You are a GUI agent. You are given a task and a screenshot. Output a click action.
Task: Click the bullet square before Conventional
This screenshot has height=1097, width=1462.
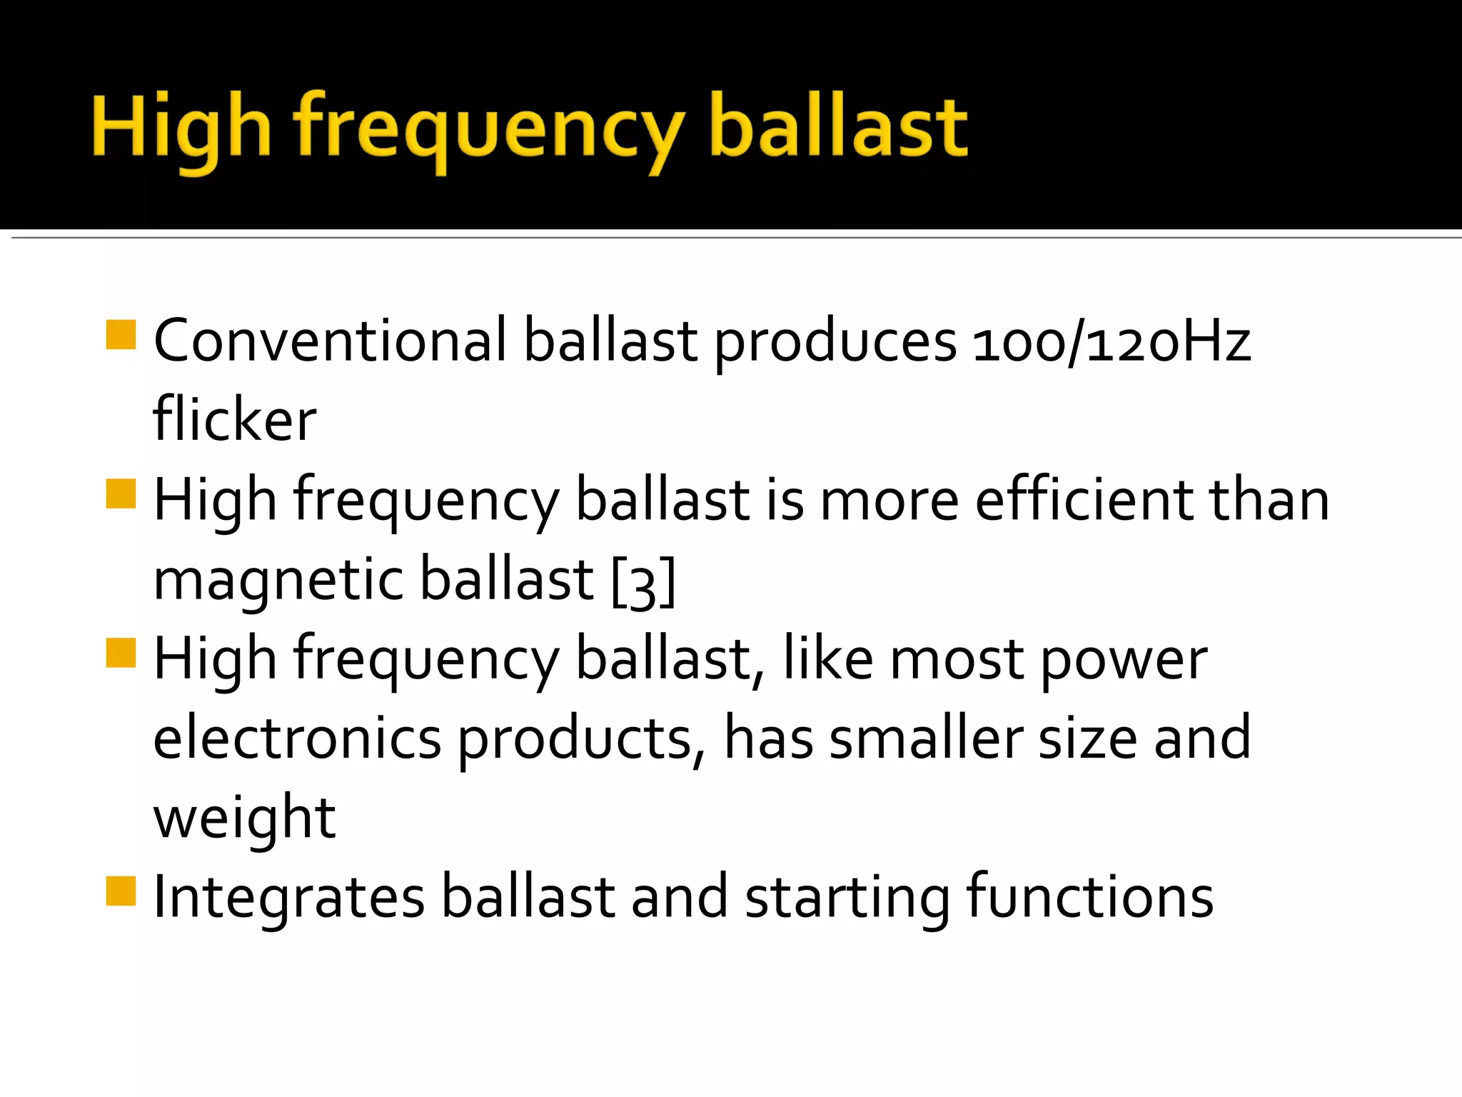[x=121, y=334]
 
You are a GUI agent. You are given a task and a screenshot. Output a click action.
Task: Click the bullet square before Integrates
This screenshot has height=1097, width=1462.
[x=121, y=891]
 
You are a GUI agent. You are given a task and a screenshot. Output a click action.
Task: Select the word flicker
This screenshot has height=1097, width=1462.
[x=235, y=420]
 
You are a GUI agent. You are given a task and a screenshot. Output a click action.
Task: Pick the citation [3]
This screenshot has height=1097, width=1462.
[x=643, y=582]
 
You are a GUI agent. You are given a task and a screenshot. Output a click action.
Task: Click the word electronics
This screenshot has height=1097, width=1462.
[x=297, y=738]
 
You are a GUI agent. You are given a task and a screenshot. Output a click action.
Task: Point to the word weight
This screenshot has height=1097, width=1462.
[x=244, y=818]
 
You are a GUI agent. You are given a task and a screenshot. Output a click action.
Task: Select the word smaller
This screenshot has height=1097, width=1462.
[x=926, y=738]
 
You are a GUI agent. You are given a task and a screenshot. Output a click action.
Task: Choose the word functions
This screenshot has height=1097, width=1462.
[x=1089, y=897]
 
